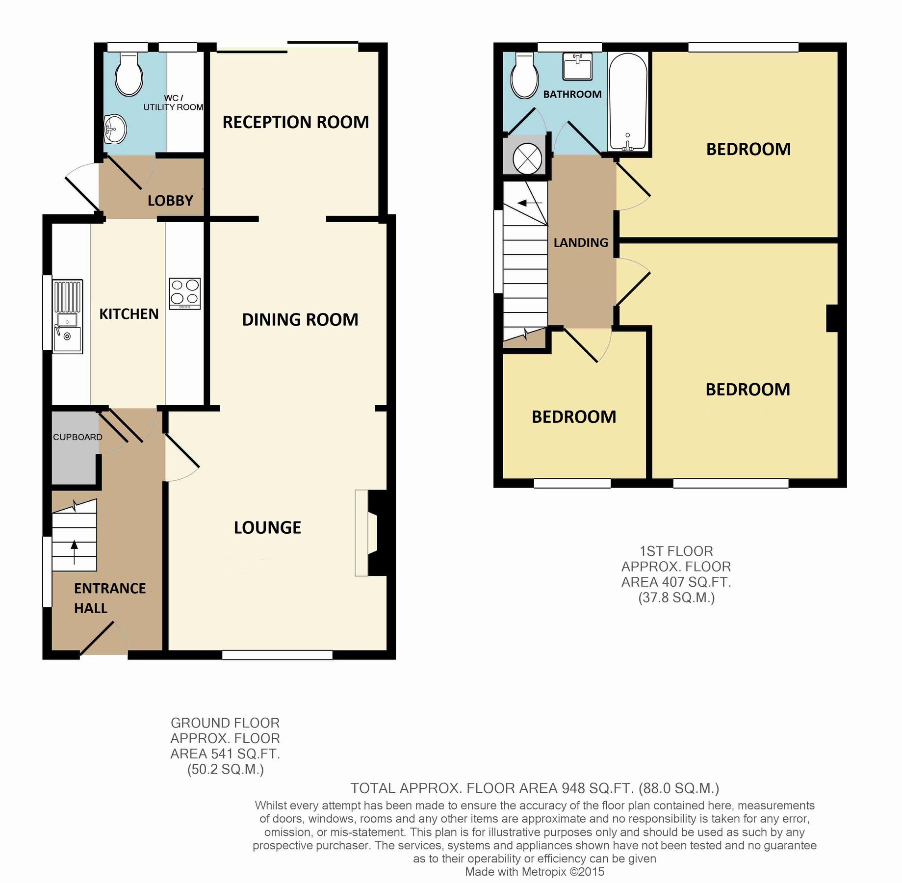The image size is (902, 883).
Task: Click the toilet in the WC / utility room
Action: (x=129, y=75)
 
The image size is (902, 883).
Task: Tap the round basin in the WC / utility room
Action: (x=115, y=129)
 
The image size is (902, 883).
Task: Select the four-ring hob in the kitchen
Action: (x=185, y=293)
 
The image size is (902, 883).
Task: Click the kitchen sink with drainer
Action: (x=68, y=316)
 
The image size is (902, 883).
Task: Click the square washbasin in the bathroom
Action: (x=577, y=66)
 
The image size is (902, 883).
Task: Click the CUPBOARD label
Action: (x=77, y=437)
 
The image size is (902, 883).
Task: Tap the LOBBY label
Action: (x=170, y=201)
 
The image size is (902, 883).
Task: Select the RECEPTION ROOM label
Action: (x=295, y=122)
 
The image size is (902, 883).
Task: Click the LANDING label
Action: (x=581, y=242)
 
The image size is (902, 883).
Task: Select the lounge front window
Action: (x=277, y=655)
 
